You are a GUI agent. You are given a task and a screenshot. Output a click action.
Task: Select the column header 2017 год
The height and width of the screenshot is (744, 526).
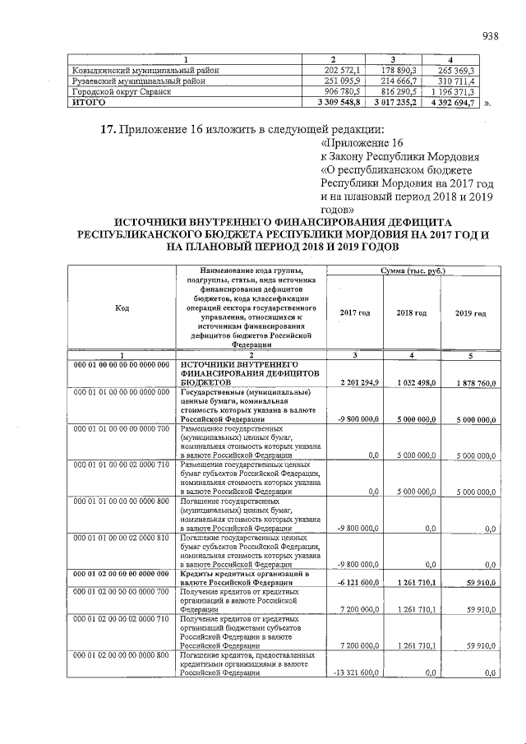(x=355, y=313)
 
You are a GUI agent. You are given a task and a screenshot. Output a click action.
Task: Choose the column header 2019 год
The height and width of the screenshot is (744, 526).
(x=469, y=313)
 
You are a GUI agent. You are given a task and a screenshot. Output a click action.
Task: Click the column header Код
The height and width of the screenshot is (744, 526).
(x=122, y=308)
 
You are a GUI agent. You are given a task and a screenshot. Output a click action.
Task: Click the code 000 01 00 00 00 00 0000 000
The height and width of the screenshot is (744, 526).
(x=122, y=363)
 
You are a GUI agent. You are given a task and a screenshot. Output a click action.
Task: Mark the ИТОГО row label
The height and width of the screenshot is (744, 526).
(x=87, y=103)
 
